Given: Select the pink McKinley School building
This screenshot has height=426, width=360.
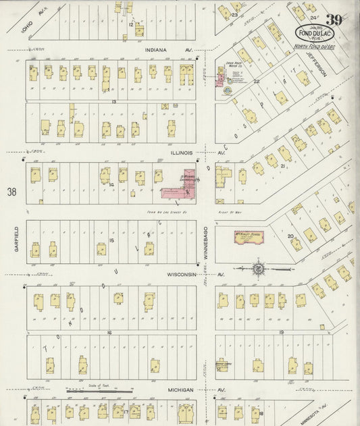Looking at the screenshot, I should pos(247,236).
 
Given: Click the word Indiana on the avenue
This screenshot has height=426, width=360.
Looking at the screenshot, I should pos(156,49).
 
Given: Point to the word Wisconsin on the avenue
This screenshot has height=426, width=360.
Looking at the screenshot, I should pos(183,275).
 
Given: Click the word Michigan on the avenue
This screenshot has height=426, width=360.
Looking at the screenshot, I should pos(180,390).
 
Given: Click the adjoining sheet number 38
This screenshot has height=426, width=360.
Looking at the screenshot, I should pos(11,192).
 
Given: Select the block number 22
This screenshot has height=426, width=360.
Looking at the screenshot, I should pos(257,82).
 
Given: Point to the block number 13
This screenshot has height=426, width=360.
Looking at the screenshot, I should pos(115,101).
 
